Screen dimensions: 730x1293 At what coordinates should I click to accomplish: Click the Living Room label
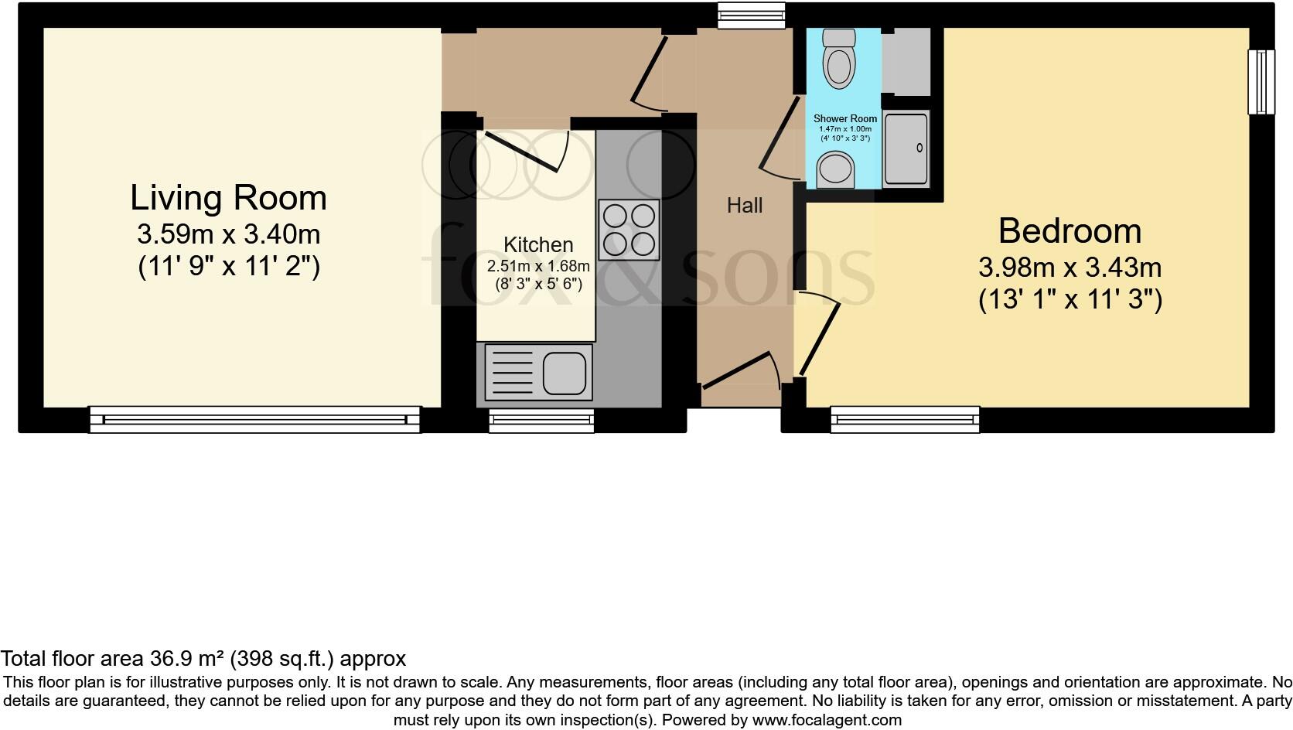pos(228,198)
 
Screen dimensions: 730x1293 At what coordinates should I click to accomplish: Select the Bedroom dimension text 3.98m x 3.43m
pos(1070,268)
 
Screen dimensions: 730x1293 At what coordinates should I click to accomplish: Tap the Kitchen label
pos(538,245)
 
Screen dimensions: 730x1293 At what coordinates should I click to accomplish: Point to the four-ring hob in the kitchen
pos(629,230)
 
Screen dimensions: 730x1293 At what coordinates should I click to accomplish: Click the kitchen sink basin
pos(564,373)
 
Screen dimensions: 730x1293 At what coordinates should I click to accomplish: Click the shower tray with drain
pos(906,148)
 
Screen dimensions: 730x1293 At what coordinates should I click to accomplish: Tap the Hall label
pos(745,206)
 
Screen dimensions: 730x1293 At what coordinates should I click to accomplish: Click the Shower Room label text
pos(844,119)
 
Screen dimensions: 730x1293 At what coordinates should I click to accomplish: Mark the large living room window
pos(254,420)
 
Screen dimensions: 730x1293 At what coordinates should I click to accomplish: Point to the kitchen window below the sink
pos(541,420)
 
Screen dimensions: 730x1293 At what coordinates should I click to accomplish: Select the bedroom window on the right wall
pos(1261,82)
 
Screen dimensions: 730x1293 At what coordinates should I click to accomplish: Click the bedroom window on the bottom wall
pos(905,420)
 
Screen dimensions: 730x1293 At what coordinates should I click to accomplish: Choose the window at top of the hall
pos(751,15)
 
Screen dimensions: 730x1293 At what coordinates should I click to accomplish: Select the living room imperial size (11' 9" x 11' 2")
pos(229,267)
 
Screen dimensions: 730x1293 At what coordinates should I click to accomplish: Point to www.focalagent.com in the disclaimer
pos(827,720)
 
